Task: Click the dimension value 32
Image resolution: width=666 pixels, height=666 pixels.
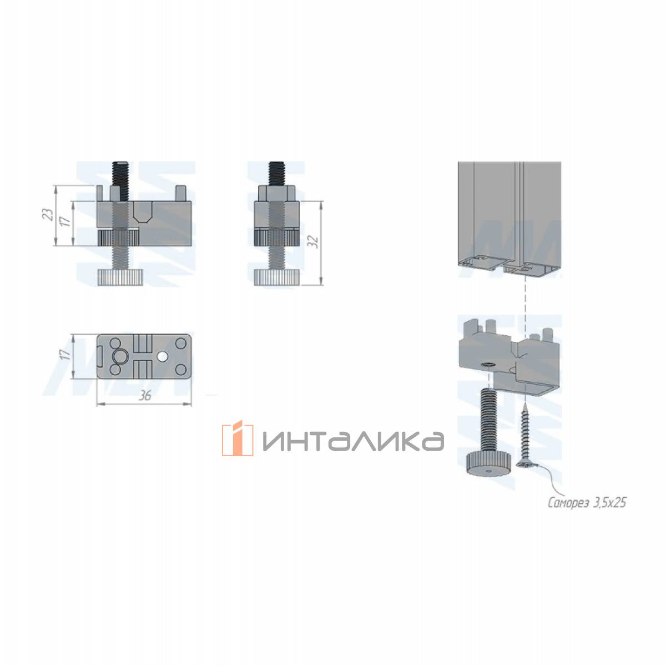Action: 314,241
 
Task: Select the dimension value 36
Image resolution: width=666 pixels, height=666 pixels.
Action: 145,396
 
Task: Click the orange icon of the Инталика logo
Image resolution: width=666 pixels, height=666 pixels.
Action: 237,438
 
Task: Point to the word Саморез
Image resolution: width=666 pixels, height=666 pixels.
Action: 568,503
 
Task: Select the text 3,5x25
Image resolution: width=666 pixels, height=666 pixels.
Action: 609,503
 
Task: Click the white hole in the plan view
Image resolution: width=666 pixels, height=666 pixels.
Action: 163,356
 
